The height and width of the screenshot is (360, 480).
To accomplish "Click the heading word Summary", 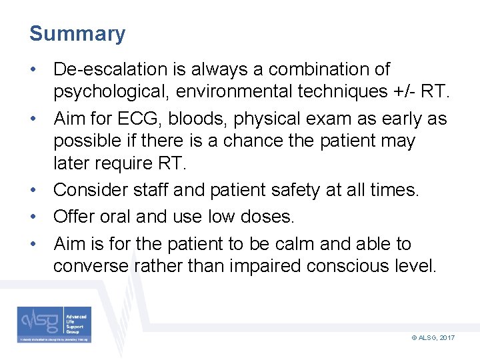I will pos(77,34).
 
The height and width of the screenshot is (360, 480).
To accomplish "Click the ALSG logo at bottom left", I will pos(55,325).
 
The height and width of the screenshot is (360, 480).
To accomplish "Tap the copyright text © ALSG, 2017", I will pos(433,338).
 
